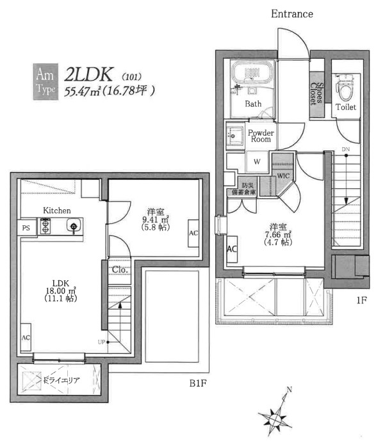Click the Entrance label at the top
pyautogui.click(x=291, y=13)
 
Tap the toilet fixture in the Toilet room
pyautogui.click(x=346, y=84)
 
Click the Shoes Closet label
pyautogui.click(x=317, y=94)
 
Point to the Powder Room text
pyautogui.click(x=261, y=136)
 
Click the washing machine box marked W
pyautogui.click(x=256, y=162)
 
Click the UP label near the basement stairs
pyautogui.click(x=101, y=342)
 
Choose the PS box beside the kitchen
pyautogui.click(x=26, y=227)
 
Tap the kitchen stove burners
pyautogui.click(x=46, y=225)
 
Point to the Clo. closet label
pyautogui.click(x=120, y=269)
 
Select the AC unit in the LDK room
pyautogui.click(x=26, y=337)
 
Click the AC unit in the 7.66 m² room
pyautogui.click(x=233, y=248)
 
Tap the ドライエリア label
pyautogui.click(x=61, y=381)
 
